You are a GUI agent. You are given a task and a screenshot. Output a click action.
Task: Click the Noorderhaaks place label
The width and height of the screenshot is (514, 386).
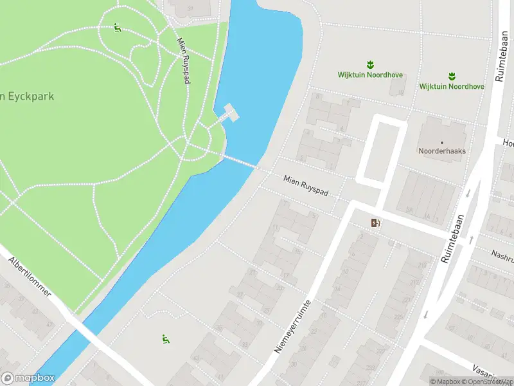point(442,151)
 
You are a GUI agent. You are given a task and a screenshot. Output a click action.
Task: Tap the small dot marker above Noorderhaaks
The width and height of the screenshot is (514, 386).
point(442,142)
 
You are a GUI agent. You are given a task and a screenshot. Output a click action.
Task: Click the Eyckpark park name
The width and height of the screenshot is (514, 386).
point(27,96)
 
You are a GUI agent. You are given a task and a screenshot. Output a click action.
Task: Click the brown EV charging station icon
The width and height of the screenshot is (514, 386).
point(375,223)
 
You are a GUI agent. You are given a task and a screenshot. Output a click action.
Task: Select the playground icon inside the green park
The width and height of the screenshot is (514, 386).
point(117,28)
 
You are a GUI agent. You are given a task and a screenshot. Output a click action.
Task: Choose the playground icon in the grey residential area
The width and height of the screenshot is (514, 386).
point(165,338)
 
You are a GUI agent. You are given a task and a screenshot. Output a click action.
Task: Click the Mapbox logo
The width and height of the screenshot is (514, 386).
point(28,378)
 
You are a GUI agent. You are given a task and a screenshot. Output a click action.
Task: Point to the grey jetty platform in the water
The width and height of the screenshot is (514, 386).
point(231,112)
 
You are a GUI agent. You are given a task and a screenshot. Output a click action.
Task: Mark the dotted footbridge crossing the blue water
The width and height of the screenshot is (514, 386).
point(241,161)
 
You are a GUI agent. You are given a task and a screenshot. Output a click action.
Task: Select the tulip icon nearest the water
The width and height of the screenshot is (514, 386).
point(370,64)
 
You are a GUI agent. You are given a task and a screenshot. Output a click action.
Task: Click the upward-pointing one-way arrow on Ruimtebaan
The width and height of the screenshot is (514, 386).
point(472,240)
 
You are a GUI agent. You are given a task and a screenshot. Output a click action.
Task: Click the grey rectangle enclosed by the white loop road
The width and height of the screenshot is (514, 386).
point(381,152)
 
